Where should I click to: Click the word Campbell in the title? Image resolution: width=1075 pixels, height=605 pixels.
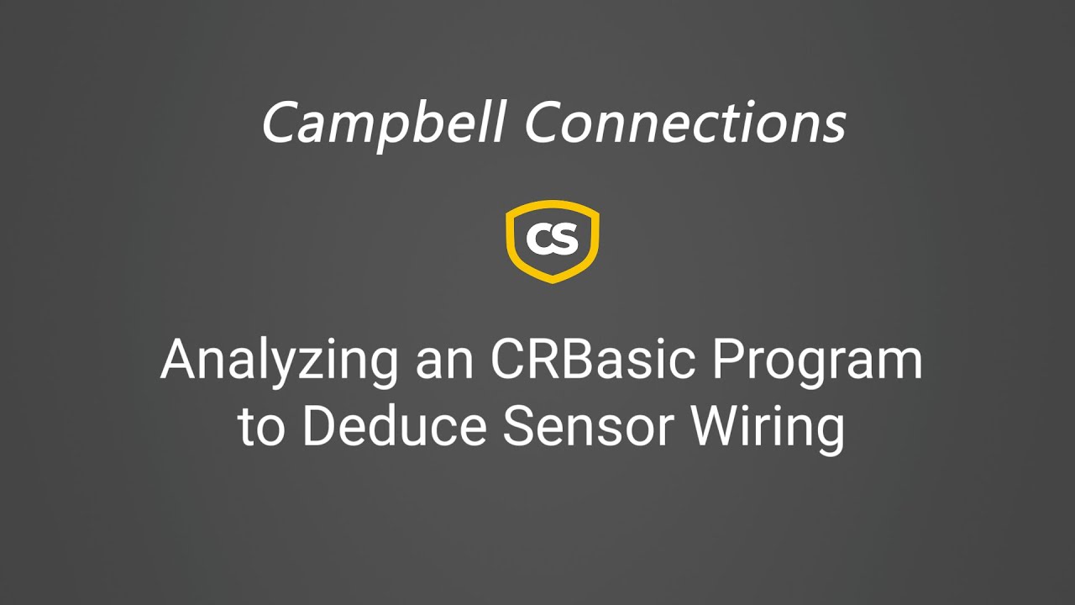[x=383, y=122]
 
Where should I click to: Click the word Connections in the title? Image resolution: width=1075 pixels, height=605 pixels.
[x=684, y=122]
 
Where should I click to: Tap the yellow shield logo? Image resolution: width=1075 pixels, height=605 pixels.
[x=552, y=241]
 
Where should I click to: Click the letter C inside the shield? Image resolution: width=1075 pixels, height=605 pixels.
[x=539, y=239]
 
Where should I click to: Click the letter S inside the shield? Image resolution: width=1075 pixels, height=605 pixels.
[x=565, y=239]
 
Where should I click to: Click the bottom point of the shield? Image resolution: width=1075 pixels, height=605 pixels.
[x=552, y=281]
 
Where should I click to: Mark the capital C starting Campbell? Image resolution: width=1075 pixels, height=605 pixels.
[x=279, y=122]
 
